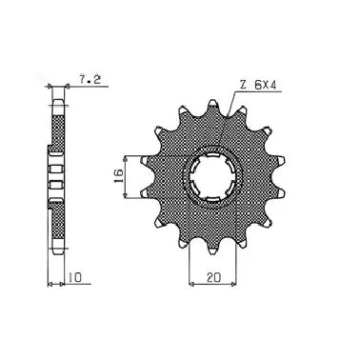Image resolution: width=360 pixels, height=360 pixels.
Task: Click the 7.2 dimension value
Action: pyautogui.click(x=90, y=80)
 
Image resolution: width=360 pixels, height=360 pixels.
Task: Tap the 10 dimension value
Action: pyautogui.click(x=75, y=277)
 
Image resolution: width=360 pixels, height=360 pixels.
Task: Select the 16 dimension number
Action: pyautogui.click(x=118, y=177)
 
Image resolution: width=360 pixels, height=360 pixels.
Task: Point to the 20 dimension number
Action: pyautogui.click(x=213, y=277)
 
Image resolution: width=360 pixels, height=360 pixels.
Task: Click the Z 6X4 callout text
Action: pyautogui.click(x=258, y=85)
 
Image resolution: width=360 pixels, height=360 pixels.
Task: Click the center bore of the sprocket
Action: pyautogui.click(x=212, y=177)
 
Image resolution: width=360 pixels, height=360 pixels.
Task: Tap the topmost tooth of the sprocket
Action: pyautogui.click(x=212, y=106)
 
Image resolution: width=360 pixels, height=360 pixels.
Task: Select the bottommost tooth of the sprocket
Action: pyautogui.click(x=212, y=249)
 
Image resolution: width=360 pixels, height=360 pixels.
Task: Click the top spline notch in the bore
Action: pyautogui.click(x=212, y=155)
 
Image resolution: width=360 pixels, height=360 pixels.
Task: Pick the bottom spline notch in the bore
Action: pyautogui.click(x=212, y=199)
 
